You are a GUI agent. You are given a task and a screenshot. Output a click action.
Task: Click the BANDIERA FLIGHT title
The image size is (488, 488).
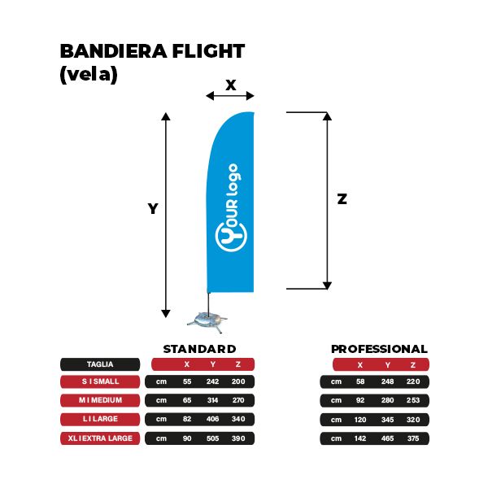tap(152, 51)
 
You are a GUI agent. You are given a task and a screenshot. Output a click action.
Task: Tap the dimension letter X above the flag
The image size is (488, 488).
tap(231, 85)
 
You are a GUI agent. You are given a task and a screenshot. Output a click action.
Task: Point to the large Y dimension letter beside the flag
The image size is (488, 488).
tap(153, 208)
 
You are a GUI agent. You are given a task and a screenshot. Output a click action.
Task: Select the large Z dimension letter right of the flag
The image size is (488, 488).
tap(342, 199)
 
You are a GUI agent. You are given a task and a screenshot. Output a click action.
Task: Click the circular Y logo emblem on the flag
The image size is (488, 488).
tap(231, 236)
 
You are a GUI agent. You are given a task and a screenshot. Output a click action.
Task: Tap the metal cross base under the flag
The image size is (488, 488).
tap(207, 322)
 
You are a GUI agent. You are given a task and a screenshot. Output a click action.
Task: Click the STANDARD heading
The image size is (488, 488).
tap(199, 349)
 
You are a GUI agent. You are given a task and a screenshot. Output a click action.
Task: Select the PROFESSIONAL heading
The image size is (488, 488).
tap(379, 349)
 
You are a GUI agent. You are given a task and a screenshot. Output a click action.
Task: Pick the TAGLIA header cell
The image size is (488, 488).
tap(100, 364)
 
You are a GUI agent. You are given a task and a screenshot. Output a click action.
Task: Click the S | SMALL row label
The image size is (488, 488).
tap(100, 381)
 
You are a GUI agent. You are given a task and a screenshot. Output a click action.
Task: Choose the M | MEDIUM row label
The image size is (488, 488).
tap(100, 400)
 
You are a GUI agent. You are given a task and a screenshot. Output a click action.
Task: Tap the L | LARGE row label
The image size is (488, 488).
tap(100, 419)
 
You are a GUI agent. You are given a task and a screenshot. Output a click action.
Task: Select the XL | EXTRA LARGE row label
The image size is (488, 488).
tap(100, 438)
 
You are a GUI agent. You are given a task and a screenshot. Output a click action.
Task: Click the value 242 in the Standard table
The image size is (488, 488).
tap(212, 381)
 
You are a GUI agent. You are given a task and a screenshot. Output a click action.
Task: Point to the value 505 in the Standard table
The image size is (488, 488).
tap(212, 438)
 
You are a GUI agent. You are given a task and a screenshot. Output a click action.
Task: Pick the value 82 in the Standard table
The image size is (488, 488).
tap(187, 419)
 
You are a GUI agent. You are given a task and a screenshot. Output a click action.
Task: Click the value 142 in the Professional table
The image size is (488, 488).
tap(360, 438)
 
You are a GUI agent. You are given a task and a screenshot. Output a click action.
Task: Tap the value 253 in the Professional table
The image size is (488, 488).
tap(413, 400)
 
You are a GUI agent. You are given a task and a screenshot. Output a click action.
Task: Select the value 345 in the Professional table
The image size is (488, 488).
tap(387, 420)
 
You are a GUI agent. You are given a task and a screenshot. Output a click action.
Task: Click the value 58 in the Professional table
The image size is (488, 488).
tap(360, 381)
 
